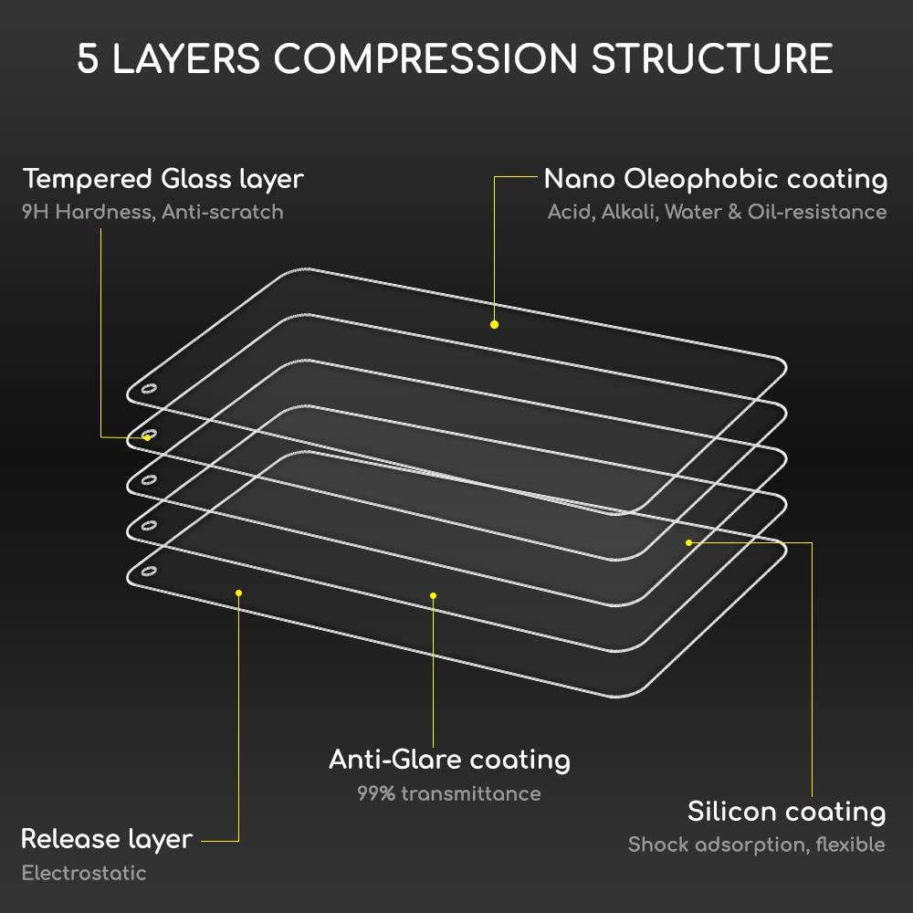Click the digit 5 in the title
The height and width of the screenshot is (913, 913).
click(x=88, y=58)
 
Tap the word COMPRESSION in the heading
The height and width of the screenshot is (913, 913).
click(x=425, y=58)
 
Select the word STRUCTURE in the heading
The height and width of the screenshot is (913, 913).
click(x=712, y=58)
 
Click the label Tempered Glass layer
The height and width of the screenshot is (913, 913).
click(x=163, y=179)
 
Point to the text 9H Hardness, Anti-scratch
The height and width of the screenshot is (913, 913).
click(x=152, y=212)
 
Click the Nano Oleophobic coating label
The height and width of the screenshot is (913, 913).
click(x=716, y=179)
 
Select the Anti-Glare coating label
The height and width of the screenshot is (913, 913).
click(x=449, y=760)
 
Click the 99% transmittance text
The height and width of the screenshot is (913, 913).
click(x=449, y=793)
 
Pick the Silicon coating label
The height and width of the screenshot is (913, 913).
click(x=787, y=812)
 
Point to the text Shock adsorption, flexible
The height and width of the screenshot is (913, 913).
click(x=756, y=845)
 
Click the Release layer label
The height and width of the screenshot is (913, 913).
click(x=107, y=840)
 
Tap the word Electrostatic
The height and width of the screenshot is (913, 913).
click(x=84, y=873)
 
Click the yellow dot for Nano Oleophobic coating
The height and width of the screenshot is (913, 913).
click(x=494, y=324)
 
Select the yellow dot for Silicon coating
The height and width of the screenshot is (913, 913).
click(x=688, y=542)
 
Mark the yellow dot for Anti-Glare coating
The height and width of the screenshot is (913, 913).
click(x=433, y=595)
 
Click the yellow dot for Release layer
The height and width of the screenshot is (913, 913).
click(x=238, y=593)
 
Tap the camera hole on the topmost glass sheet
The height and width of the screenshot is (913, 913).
click(x=149, y=389)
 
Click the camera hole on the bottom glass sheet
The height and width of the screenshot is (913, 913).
click(x=149, y=572)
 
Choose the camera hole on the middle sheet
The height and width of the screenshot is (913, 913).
click(x=149, y=480)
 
